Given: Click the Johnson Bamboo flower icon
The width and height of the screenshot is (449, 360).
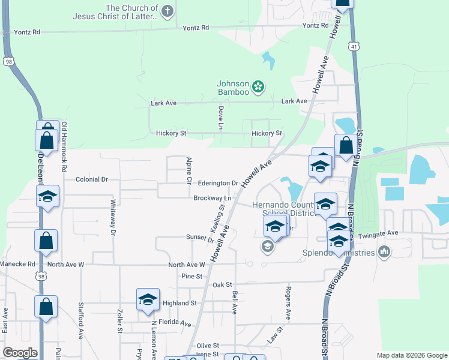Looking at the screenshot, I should click(x=258, y=87).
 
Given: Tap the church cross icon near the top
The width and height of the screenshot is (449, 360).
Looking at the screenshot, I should click(x=167, y=10).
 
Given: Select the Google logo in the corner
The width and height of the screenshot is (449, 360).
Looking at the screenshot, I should click(x=20, y=353).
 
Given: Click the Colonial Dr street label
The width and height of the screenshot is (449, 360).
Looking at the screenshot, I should click(x=92, y=179).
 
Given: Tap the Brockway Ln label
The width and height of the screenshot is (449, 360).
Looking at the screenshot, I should click(x=212, y=198).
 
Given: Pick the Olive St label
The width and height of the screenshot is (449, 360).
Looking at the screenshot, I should click(x=208, y=346).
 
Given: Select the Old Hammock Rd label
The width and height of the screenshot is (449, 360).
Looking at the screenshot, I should click(x=64, y=147).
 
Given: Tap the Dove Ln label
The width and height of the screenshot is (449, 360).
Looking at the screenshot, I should click(x=221, y=118).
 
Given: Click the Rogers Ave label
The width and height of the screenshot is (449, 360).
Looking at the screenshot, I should click(x=289, y=307).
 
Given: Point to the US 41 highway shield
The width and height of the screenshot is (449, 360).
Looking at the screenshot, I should click(x=355, y=45).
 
